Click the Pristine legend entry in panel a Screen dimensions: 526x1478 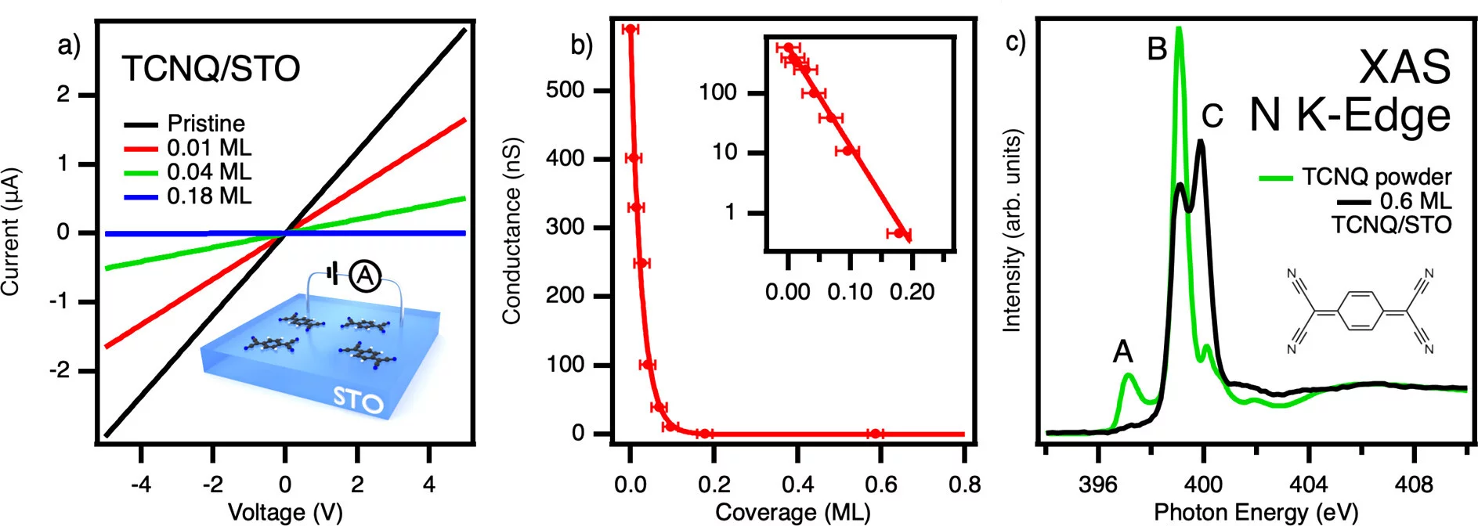[x=205, y=124]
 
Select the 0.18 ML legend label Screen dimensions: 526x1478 [x=209, y=196]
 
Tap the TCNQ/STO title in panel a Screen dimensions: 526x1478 [x=211, y=69]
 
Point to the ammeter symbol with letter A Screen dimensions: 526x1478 [x=365, y=276]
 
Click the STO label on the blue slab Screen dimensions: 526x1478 [x=358, y=399]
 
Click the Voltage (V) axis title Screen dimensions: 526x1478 [x=285, y=512]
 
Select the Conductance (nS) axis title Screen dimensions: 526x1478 [x=511, y=231]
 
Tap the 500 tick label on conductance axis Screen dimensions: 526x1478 [x=565, y=90]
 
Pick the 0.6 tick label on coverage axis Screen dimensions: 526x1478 [x=880, y=485]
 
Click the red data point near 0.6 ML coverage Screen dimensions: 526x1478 [x=875, y=434]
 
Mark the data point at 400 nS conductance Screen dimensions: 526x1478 [x=633, y=158]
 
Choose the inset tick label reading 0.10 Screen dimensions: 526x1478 [x=850, y=292]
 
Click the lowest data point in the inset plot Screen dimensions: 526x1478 [x=899, y=233]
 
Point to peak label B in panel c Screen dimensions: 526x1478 [x=1157, y=49]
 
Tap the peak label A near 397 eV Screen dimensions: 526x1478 [x=1122, y=352]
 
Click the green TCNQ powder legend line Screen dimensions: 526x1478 [x=1275, y=178]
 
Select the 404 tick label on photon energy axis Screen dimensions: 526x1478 [x=1308, y=485]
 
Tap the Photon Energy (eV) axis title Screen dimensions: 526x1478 [x=1256, y=512]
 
